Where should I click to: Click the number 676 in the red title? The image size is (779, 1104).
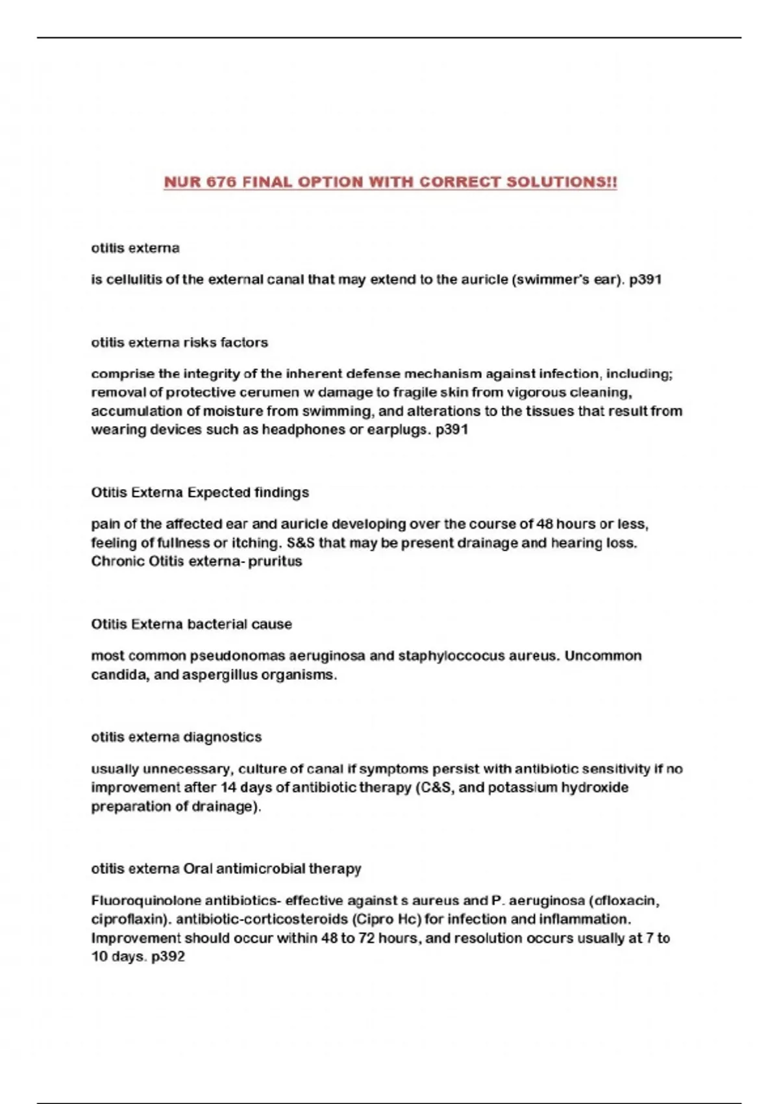pyautogui.click(x=221, y=182)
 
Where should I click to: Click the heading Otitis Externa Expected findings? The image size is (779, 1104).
pyautogui.click(x=200, y=492)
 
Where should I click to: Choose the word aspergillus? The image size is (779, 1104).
pyautogui.click(x=219, y=675)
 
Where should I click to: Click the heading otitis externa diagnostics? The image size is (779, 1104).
pyautogui.click(x=176, y=737)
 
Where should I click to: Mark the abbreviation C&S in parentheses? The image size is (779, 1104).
pyautogui.click(x=435, y=788)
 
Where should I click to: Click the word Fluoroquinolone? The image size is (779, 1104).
pyautogui.click(x=146, y=901)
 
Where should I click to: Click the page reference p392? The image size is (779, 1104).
pyautogui.click(x=168, y=957)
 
